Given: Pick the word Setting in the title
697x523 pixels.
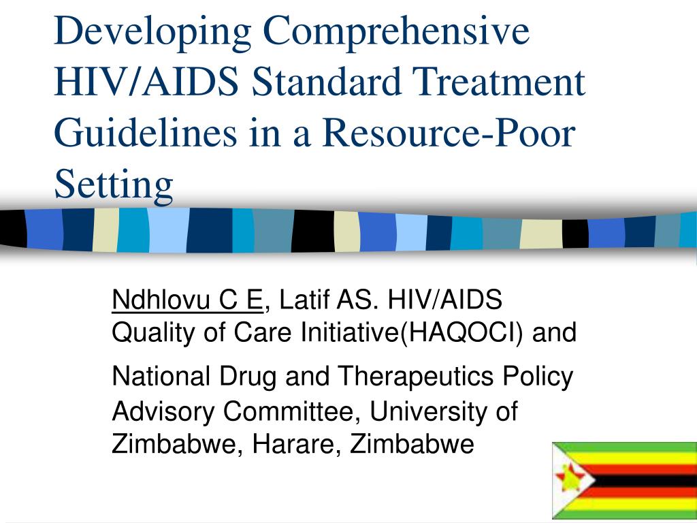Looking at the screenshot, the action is [114, 185].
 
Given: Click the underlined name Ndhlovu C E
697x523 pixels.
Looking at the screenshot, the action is [187, 300].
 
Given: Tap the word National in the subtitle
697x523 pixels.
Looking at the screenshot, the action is [161, 376].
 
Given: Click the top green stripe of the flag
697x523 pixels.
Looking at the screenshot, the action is [625, 447].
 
